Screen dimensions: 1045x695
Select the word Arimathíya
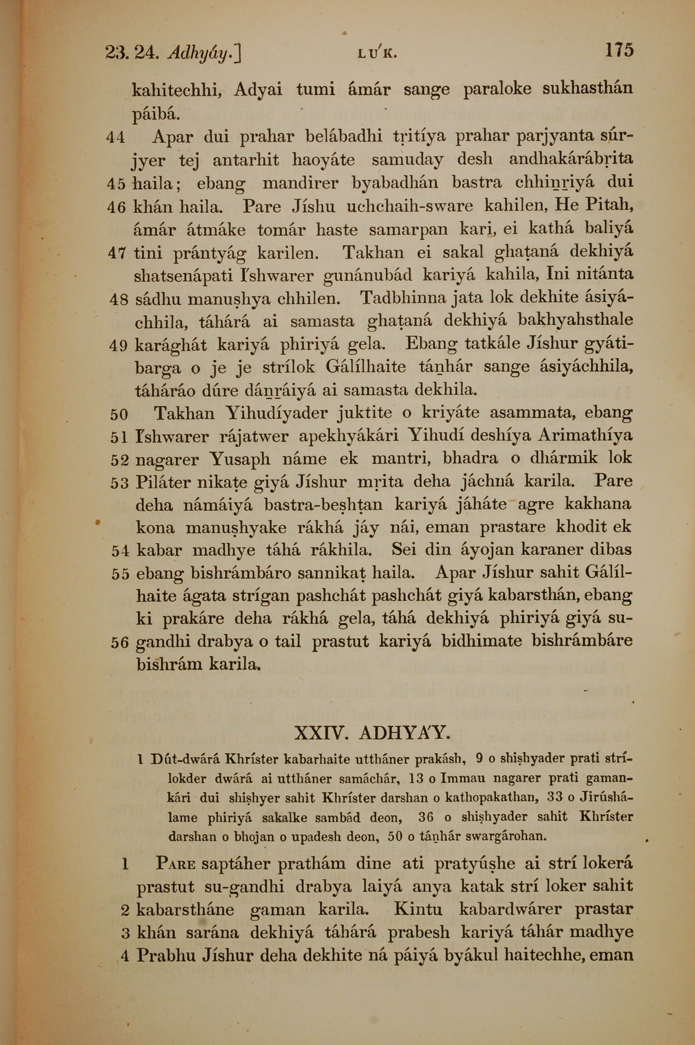coord(585,436)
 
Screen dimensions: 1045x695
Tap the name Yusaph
coord(240,459)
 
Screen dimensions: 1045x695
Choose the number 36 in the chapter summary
coord(425,817)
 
